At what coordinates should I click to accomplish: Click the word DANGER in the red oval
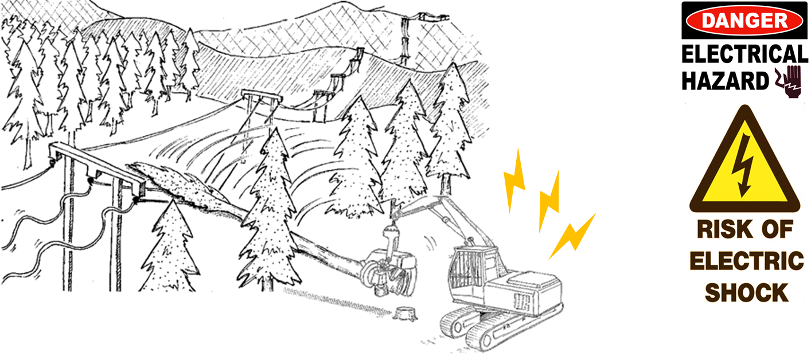click(x=744, y=22)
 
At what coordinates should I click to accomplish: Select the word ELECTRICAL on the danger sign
click(x=744, y=54)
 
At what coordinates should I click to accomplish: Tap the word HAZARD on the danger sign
click(x=724, y=81)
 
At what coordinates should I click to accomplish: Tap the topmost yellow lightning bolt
click(x=514, y=181)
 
